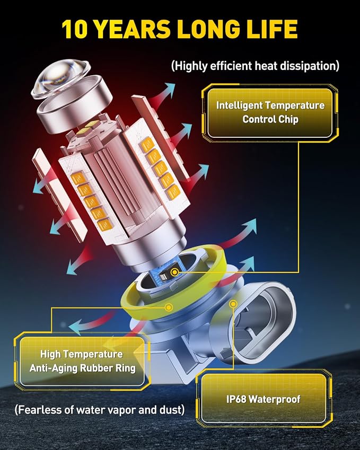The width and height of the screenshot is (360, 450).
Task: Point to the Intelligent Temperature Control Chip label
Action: [x=270, y=112]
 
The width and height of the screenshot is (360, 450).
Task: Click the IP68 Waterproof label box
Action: [x=264, y=399]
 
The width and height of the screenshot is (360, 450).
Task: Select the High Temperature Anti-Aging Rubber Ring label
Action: [x=82, y=361]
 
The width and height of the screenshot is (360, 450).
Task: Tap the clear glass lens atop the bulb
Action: [x=60, y=78]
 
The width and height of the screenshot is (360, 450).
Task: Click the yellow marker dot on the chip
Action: [x=174, y=272]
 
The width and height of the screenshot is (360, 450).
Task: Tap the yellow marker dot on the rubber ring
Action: [x=169, y=307]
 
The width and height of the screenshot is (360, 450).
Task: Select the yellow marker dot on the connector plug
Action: [x=234, y=304]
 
